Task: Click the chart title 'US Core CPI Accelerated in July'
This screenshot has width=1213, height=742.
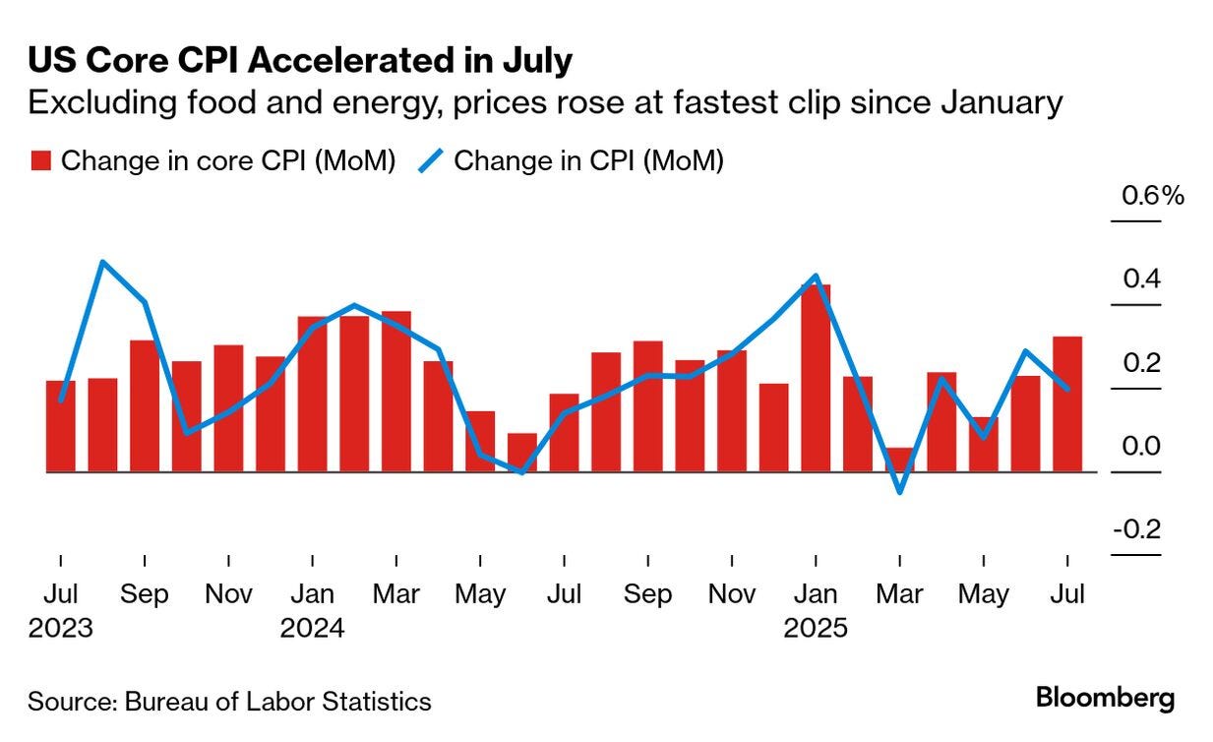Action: tap(300, 61)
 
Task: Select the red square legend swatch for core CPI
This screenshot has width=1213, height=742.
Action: tap(39, 161)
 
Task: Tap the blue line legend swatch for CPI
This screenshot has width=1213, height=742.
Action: tap(430, 161)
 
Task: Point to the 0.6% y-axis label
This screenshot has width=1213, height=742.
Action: tap(1153, 196)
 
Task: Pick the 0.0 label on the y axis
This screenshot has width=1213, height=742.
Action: tap(1142, 447)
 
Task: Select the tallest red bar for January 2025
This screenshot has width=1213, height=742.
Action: tap(816, 378)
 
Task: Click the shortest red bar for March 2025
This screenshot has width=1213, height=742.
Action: tap(899, 460)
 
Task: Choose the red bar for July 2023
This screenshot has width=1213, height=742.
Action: tap(61, 425)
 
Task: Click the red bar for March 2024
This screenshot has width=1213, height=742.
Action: tap(395, 392)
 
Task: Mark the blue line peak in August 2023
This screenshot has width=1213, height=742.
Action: tap(103, 262)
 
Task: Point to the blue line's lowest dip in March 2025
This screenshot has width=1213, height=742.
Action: tap(899, 491)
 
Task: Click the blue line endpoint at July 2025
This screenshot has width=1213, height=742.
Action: tap(1068, 388)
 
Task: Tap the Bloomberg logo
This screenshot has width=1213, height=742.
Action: tap(1105, 699)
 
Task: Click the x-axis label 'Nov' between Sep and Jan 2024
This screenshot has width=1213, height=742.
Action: tap(228, 595)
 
